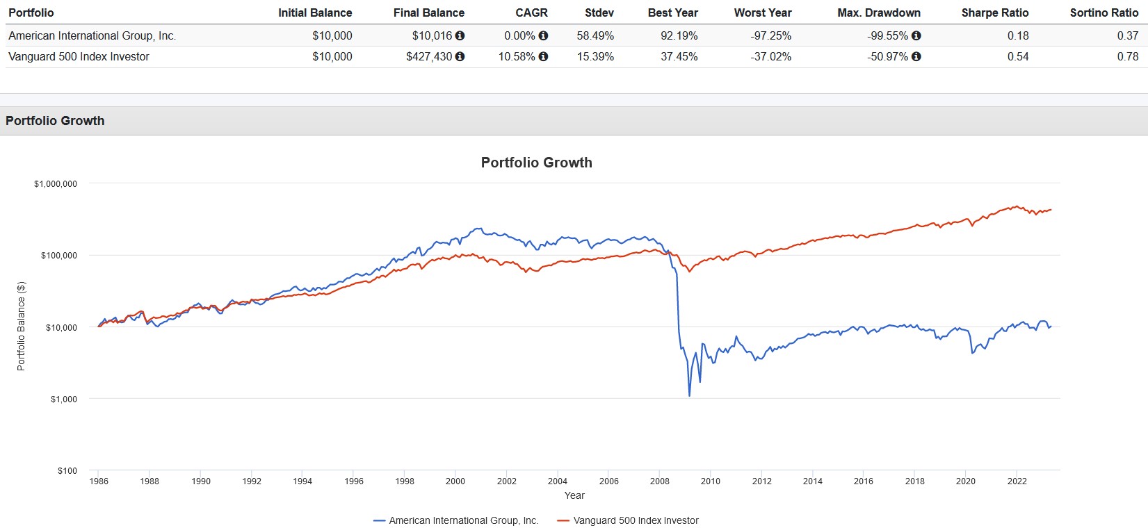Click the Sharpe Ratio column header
994,13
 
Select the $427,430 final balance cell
429,57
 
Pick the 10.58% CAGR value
517,57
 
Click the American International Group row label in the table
92,36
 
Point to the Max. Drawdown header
878,13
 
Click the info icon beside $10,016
460,36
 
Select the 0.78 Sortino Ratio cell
1127,57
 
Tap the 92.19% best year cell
679,36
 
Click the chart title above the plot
536,163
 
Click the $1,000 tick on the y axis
63,399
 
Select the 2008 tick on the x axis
659,481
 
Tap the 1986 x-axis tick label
99,481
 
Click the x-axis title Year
574,495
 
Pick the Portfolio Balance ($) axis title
21,326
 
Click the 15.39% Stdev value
595,57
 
